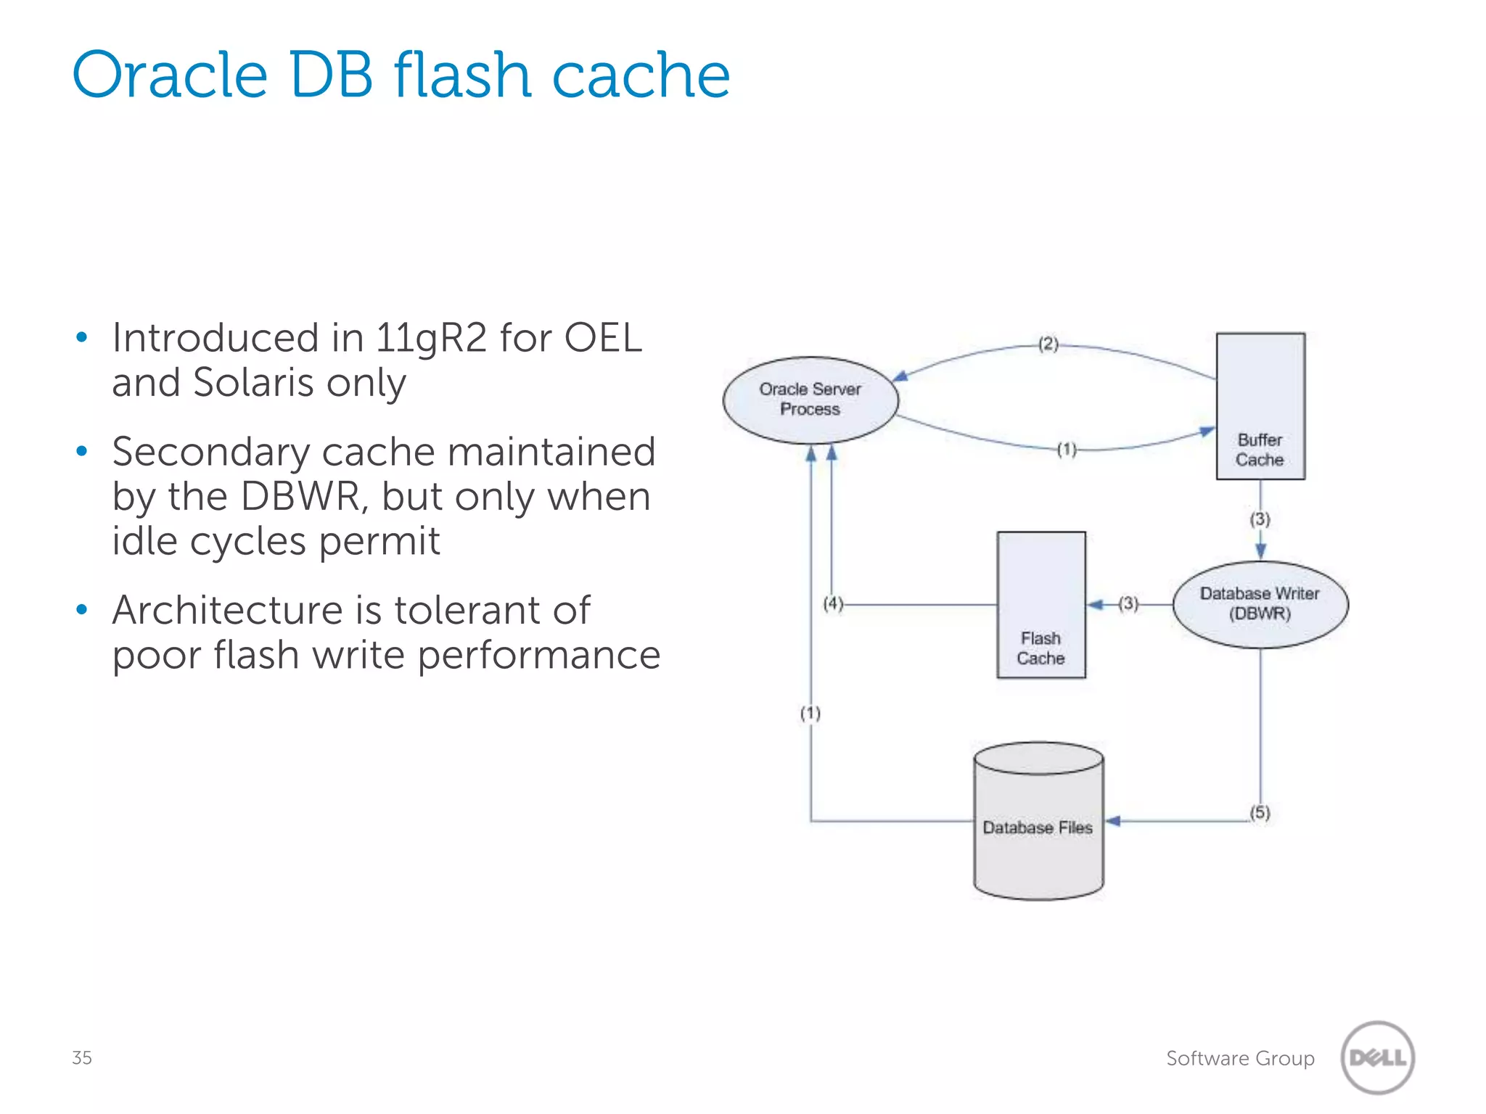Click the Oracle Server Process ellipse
coord(810,400)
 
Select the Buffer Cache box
coord(1260,406)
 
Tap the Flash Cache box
coord(1040,604)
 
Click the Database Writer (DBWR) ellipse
coord(1260,603)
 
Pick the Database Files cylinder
coord(1038,822)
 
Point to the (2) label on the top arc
coord(1048,344)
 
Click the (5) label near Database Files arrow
coord(1260,812)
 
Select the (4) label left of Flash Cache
coord(833,603)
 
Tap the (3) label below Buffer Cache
coord(1260,519)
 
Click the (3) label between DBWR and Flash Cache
coord(1128,603)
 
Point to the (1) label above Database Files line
coord(810,714)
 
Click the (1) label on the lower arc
coord(1066,450)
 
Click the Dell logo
coord(1377,1057)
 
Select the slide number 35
coord(81,1057)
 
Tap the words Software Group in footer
coord(1239,1058)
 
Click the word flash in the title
coord(461,75)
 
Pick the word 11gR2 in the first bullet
coord(430,338)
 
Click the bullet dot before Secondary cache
coord(82,451)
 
